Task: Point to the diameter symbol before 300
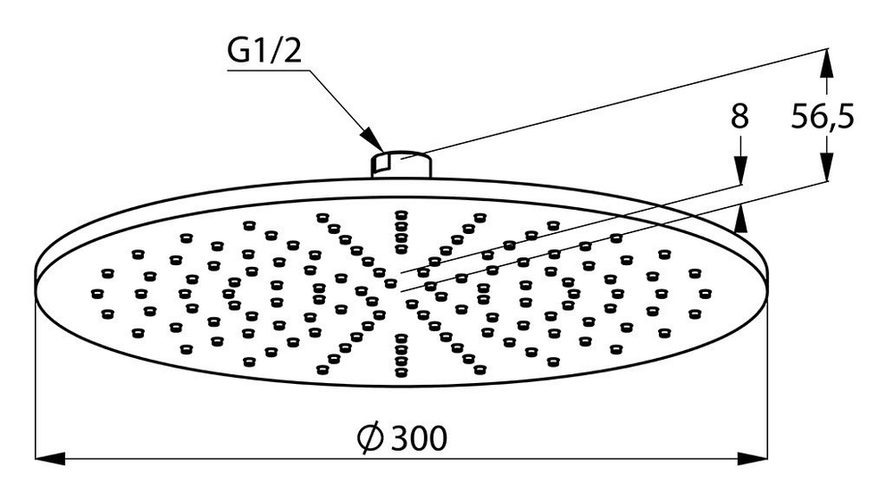pos(371,437)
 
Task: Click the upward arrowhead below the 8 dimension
pos(740,217)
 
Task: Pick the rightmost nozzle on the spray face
pos(705,292)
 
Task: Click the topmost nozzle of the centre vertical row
pos(400,214)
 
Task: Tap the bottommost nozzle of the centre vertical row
pos(400,369)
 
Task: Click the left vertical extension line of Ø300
pos(36,375)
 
